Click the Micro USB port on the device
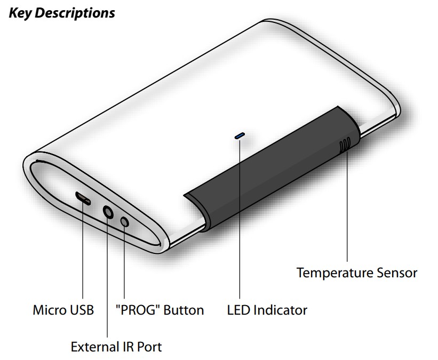pos(83,198)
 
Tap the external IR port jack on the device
pos(108,213)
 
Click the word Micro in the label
pos(49,310)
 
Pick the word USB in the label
pos(82,310)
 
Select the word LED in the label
pos(238,310)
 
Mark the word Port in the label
pos(149,347)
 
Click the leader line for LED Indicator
pos(240,224)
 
